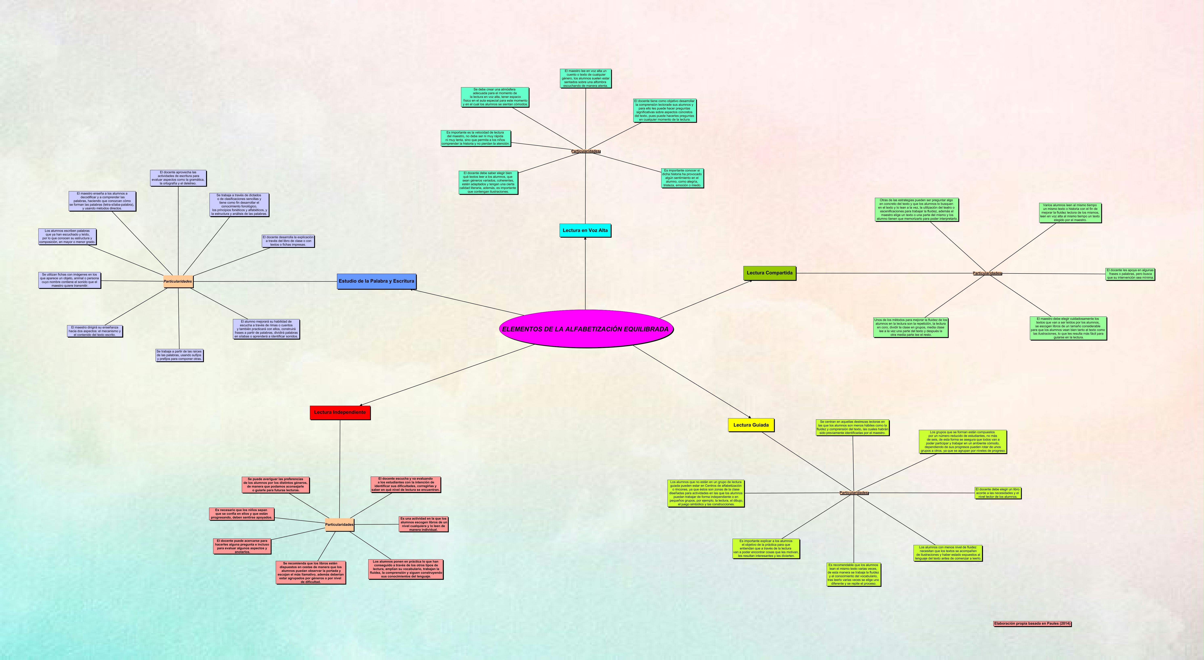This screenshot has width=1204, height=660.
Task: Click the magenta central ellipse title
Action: pos(586,329)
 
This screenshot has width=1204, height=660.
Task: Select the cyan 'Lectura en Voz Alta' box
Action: pos(585,230)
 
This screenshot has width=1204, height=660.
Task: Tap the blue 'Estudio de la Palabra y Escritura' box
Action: pos(376,281)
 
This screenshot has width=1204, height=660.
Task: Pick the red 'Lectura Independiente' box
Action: pos(340,412)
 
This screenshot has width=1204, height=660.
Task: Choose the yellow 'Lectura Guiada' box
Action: pos(751,425)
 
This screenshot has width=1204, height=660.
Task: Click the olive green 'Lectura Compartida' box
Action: pos(769,273)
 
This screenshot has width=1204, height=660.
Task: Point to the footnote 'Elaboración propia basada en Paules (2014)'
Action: pos(1032,623)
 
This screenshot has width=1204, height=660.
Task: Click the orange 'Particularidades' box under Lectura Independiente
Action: pos(339,525)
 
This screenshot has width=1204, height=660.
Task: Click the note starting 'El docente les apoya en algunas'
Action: pos(1130,274)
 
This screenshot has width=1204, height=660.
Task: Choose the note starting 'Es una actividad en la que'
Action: pos(423,524)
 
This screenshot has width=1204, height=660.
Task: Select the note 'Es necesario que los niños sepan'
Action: pos(241,514)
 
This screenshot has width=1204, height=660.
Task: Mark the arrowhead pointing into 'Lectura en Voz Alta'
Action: pos(585,239)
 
